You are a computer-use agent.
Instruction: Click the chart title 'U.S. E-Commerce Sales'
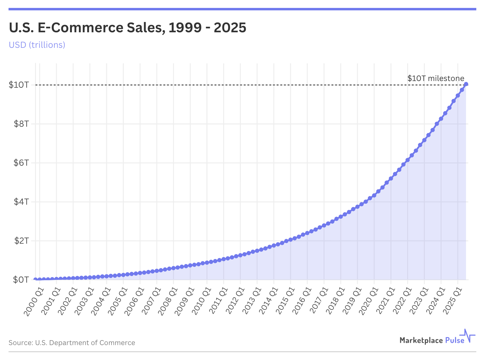(127, 28)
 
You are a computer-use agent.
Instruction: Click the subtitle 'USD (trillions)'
(37, 45)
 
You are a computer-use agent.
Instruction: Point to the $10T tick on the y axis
(19, 85)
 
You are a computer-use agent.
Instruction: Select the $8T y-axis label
(21, 124)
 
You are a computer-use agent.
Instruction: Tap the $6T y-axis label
(21, 163)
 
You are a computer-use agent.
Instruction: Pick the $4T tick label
(21, 202)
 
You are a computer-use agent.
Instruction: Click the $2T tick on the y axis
(21, 241)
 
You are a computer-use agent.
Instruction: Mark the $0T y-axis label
(21, 280)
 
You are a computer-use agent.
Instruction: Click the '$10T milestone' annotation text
(435, 78)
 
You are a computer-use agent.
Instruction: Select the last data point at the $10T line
(466, 84)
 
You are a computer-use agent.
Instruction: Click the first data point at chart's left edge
(35, 279)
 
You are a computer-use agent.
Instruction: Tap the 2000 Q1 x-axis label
(34, 302)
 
